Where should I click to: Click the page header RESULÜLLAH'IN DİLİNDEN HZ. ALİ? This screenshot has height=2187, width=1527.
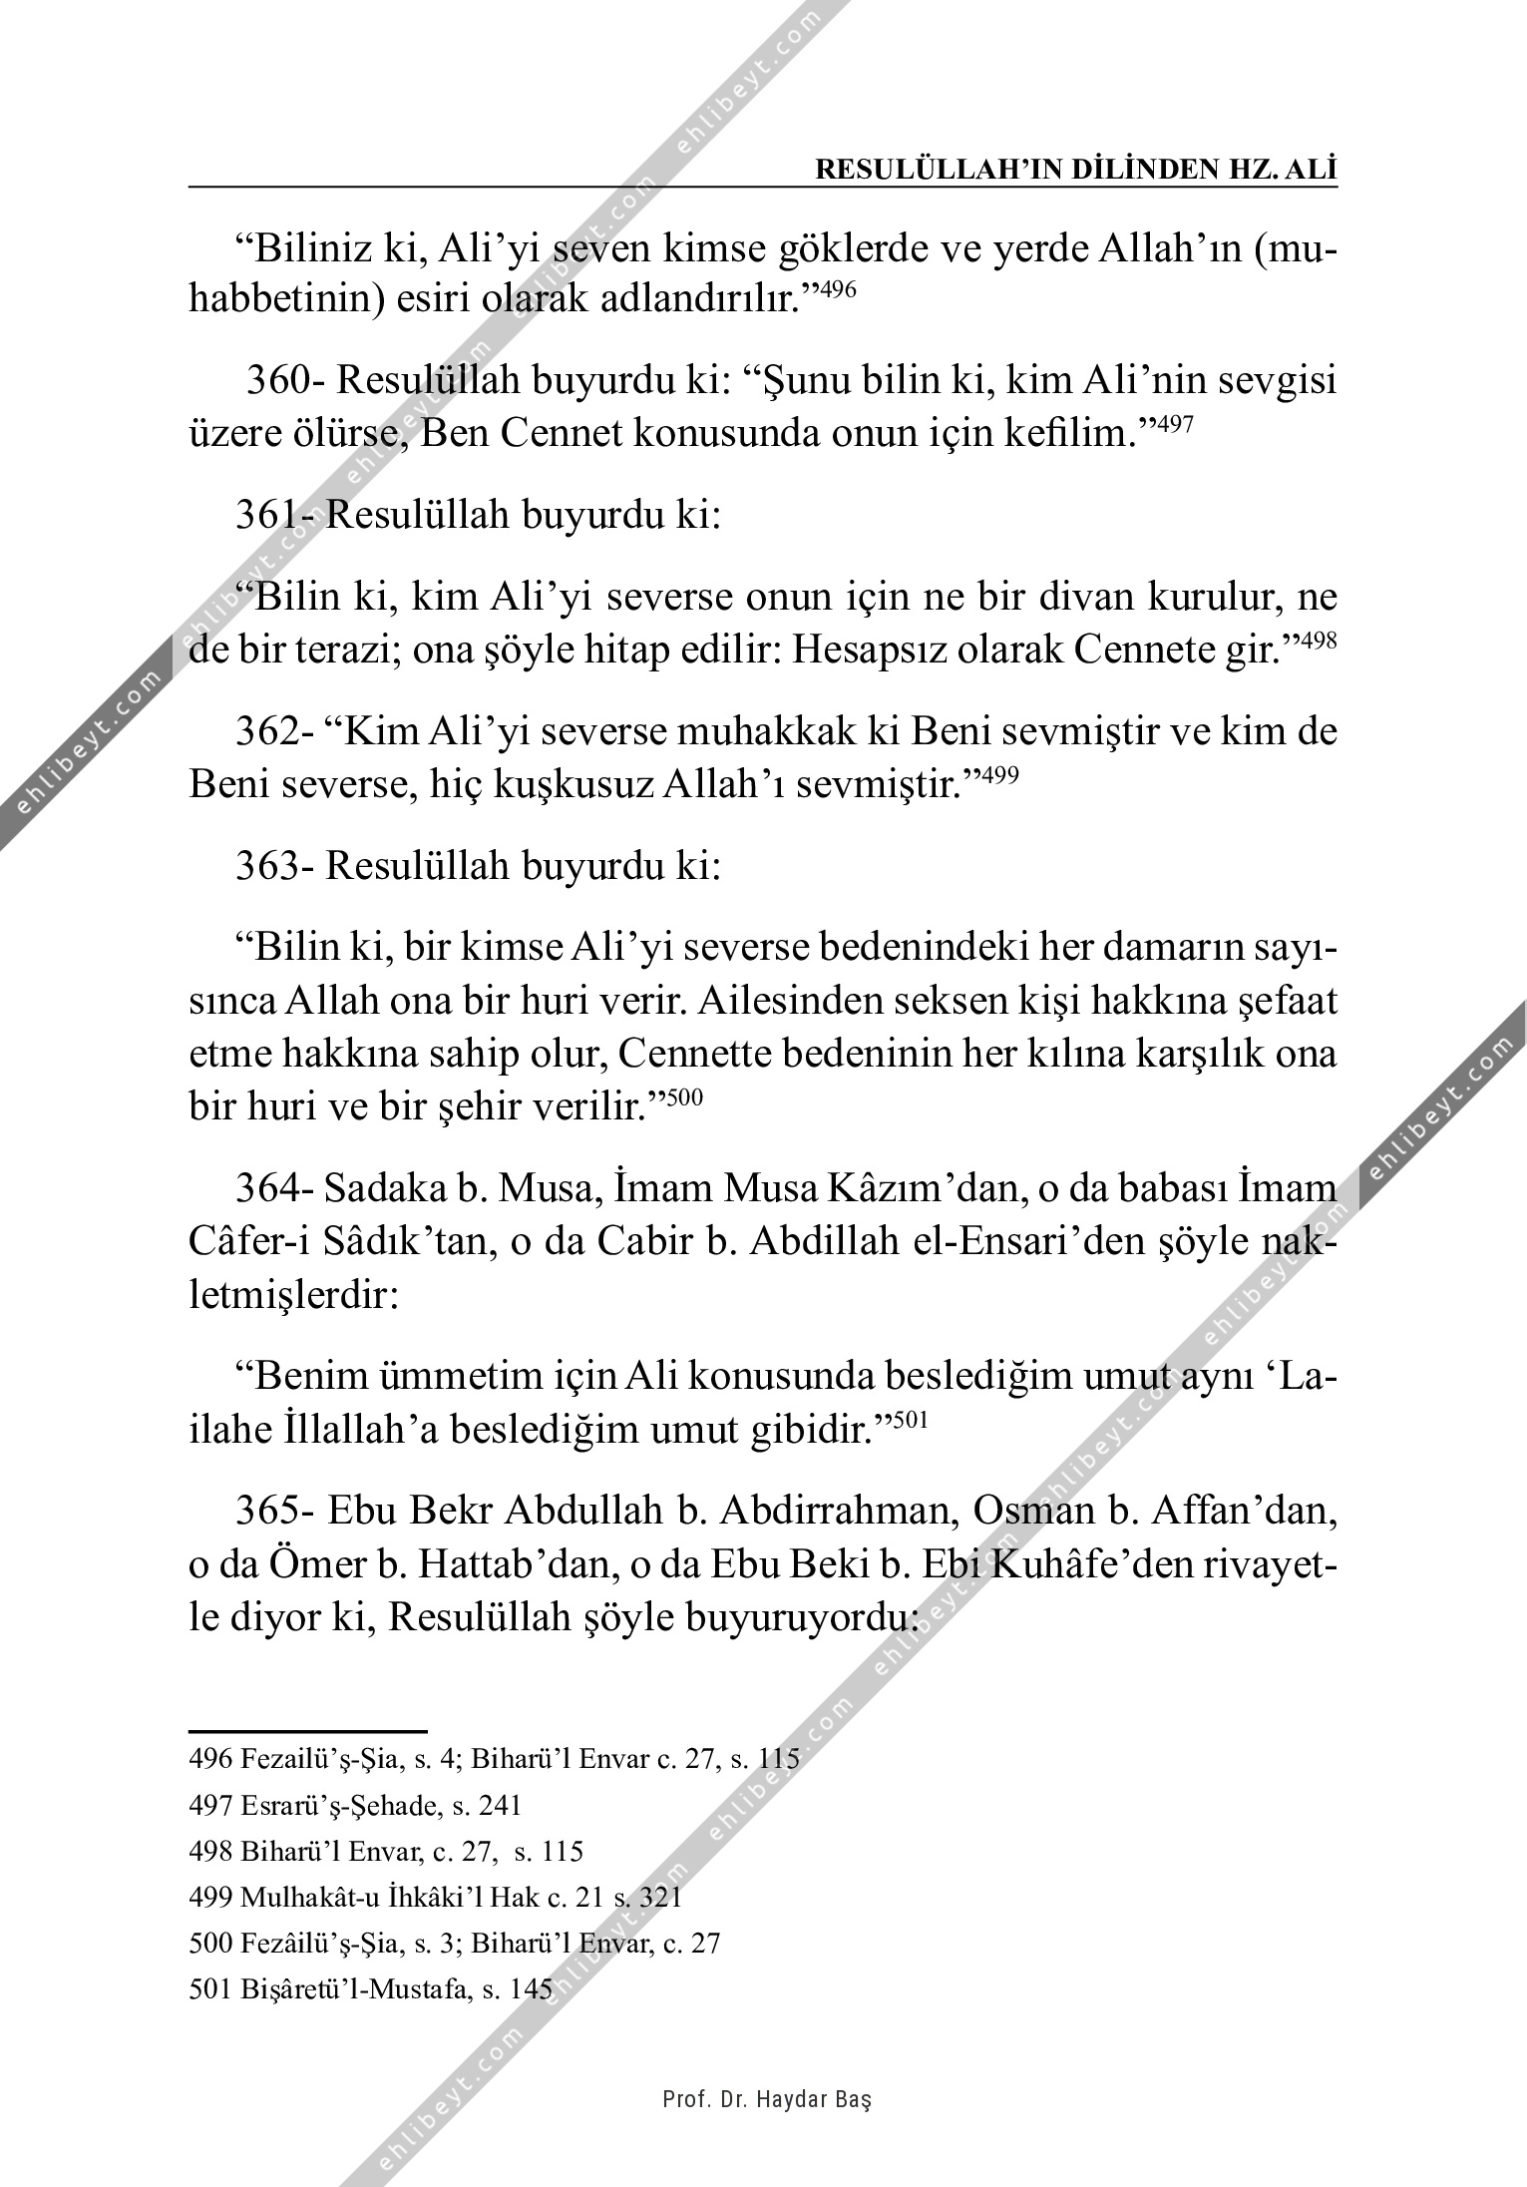coord(1076,170)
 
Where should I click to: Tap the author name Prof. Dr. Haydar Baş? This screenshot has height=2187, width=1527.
coord(767,2099)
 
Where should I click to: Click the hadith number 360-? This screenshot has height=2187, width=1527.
coord(282,381)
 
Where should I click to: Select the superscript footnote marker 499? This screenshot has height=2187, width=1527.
coord(999,774)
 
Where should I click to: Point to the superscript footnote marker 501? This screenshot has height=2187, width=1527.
coord(911,1420)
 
